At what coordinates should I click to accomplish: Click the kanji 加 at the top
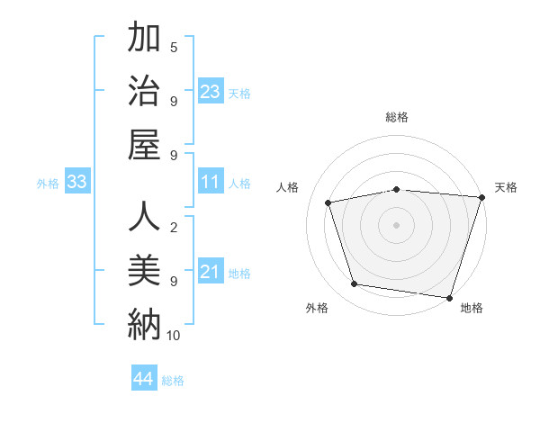point(144,40)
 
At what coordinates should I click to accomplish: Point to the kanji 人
point(144,217)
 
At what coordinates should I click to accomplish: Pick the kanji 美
point(144,270)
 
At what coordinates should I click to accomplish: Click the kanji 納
point(144,323)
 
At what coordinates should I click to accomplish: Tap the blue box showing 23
point(211,92)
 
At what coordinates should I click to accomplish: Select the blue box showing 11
point(211,183)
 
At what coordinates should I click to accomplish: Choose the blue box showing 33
point(77,183)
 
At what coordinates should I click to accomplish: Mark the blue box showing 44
point(144,379)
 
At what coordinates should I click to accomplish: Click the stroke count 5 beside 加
point(174,48)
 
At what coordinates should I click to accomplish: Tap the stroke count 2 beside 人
point(174,228)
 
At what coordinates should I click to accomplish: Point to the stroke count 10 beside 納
point(174,336)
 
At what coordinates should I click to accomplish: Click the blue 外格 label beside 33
point(48,184)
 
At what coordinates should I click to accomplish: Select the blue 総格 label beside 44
point(173,381)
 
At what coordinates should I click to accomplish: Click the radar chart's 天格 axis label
point(506,187)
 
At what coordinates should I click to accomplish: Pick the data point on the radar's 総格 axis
point(397,189)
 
